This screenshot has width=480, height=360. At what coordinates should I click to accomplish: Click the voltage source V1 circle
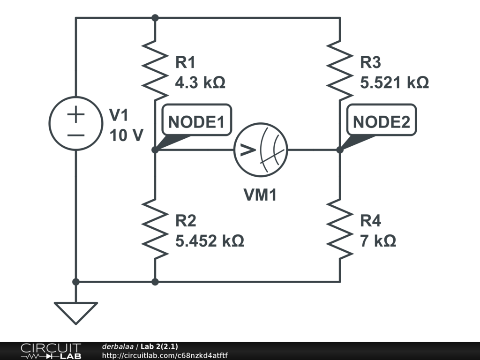[x=75, y=123]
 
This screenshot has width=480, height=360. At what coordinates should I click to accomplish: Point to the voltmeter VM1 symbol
[x=261, y=150]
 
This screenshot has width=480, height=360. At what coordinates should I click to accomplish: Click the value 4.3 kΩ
[x=200, y=83]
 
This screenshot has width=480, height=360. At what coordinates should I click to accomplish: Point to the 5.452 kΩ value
[x=210, y=241]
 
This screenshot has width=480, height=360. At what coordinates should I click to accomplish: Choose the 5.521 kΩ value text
[x=394, y=83]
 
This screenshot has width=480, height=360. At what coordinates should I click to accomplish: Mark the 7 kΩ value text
[x=378, y=241]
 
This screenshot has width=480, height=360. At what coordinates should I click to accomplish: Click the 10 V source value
[x=126, y=135]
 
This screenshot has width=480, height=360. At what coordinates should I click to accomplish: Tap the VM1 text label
[x=260, y=195]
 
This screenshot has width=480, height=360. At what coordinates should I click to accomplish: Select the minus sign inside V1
[x=75, y=135]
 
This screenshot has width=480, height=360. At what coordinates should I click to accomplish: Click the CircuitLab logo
[x=51, y=351]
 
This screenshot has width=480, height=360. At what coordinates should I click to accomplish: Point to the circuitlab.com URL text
[x=165, y=356]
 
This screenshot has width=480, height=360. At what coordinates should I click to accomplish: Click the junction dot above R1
[x=155, y=18]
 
